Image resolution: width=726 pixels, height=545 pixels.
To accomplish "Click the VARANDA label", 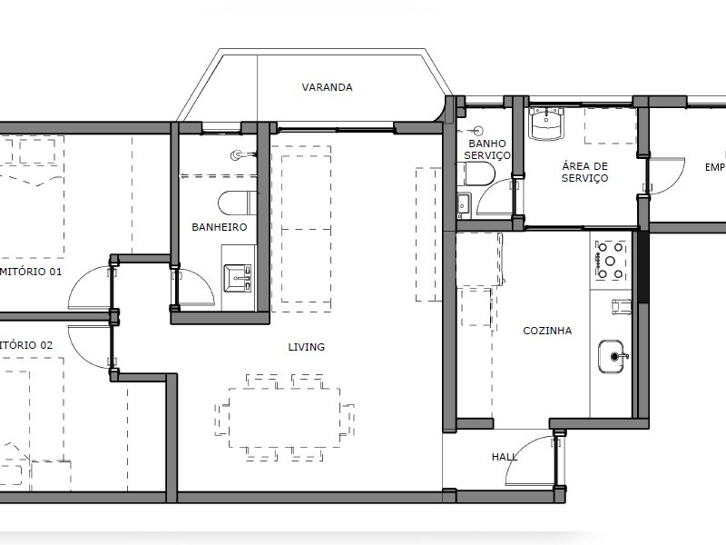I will [327, 88].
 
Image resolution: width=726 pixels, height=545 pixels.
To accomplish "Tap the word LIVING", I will [306, 347].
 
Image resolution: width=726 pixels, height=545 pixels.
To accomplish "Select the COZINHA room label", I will [547, 331].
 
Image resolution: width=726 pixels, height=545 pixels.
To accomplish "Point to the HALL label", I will [504, 457].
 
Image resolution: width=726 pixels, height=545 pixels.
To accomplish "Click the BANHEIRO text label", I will [219, 227].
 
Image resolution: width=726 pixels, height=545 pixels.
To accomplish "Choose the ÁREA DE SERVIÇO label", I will [584, 172].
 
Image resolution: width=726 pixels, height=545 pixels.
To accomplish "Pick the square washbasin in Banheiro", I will [240, 274].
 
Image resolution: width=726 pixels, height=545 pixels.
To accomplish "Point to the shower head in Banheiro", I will [240, 155].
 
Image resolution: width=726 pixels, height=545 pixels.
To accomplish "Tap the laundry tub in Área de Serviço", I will [547, 123].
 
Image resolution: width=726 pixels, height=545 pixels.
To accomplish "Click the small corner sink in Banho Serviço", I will [464, 203].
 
